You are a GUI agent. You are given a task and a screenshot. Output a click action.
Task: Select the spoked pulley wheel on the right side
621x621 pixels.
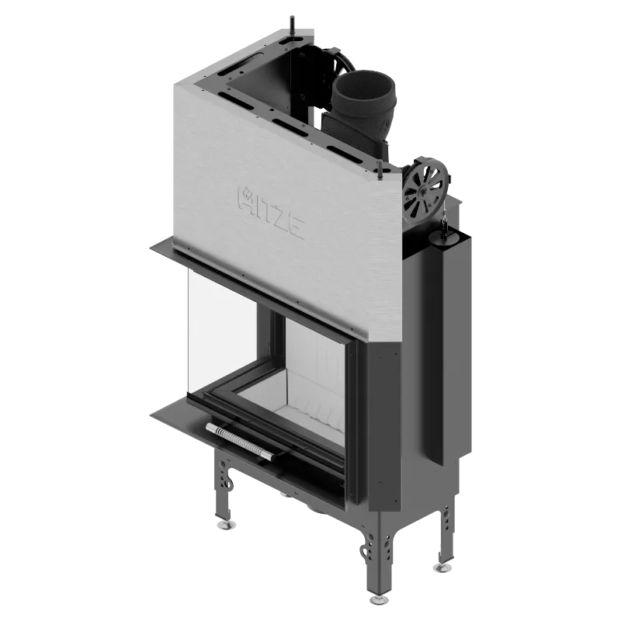click(x=425, y=189)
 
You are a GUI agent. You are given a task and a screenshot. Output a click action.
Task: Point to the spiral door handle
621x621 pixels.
click(x=241, y=441)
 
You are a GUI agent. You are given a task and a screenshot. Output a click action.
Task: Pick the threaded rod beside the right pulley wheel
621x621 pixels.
click(x=380, y=168)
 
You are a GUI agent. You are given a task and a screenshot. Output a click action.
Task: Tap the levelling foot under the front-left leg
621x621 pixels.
click(x=226, y=525)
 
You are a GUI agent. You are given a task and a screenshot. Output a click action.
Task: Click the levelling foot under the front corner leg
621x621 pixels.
click(x=379, y=599)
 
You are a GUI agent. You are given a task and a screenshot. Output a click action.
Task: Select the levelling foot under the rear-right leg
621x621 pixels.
click(x=442, y=568)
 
